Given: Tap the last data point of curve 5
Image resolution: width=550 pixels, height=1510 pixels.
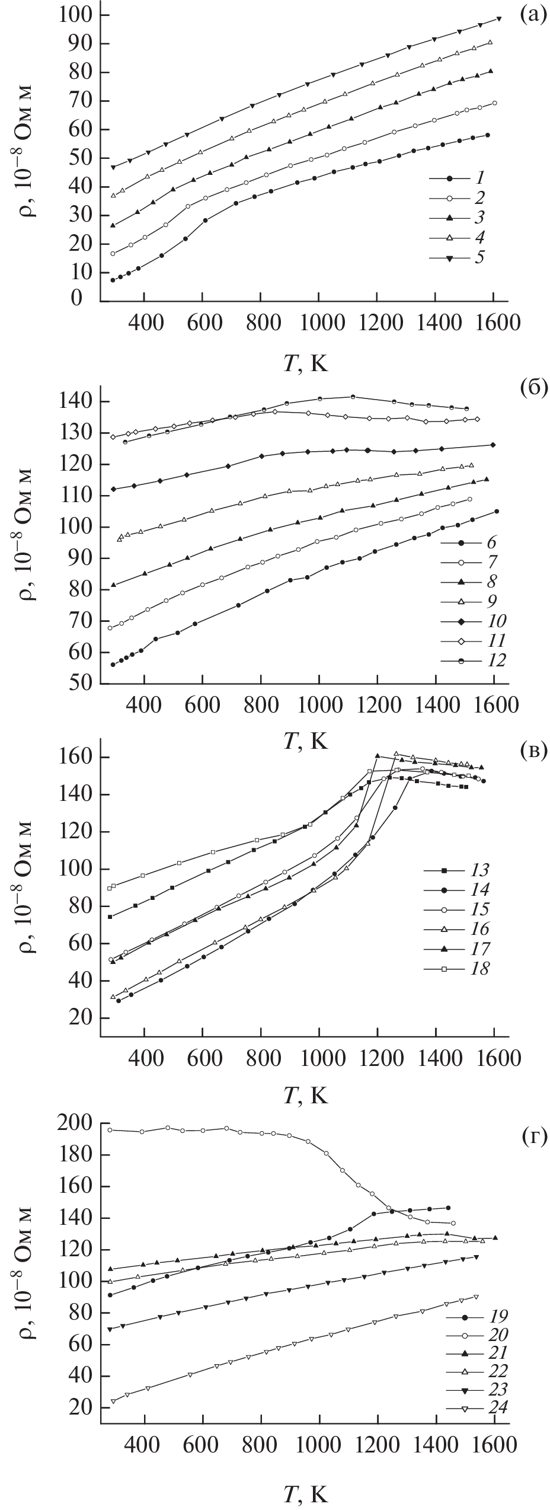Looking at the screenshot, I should point(499,18).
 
